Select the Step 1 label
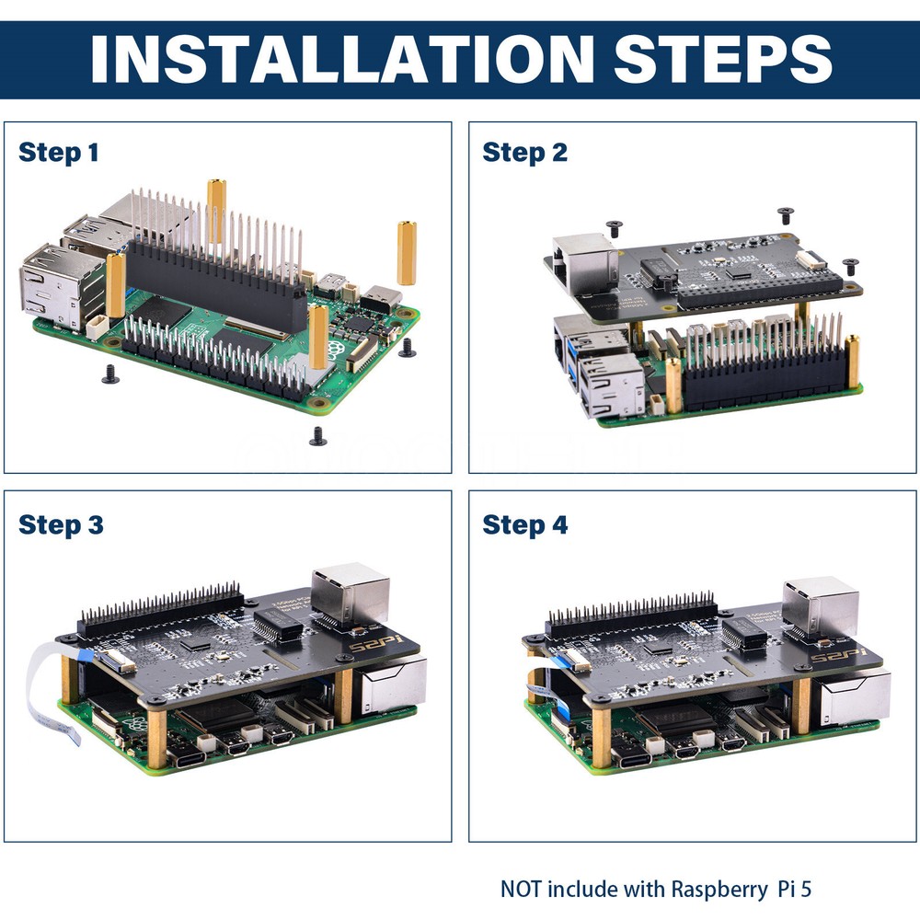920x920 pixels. pos(58,152)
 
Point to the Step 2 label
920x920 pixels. pos(524,152)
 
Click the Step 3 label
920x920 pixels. pos(61,525)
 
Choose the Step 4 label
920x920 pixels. pos(525,525)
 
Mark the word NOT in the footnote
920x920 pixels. pos(522,890)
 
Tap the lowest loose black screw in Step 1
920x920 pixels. pos(318,436)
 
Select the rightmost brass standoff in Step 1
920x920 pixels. pos(406,253)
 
